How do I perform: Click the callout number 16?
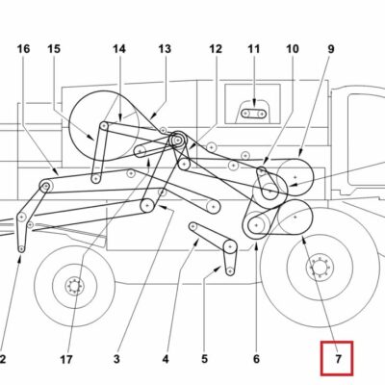23,49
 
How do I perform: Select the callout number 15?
54,49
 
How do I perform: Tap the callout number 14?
119,49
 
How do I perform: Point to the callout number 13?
165,49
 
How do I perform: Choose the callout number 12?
216,49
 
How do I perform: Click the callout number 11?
253,49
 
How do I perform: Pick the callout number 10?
293,49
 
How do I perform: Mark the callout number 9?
331,49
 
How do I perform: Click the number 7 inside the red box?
338,359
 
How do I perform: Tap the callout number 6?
256,359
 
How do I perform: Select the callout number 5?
205,359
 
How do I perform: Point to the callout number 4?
166,359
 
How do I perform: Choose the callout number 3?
116,359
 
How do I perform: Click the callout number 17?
66,360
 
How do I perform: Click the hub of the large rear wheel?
320,267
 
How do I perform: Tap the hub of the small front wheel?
74,286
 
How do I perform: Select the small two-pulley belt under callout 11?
253,114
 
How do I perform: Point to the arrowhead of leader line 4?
197,242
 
